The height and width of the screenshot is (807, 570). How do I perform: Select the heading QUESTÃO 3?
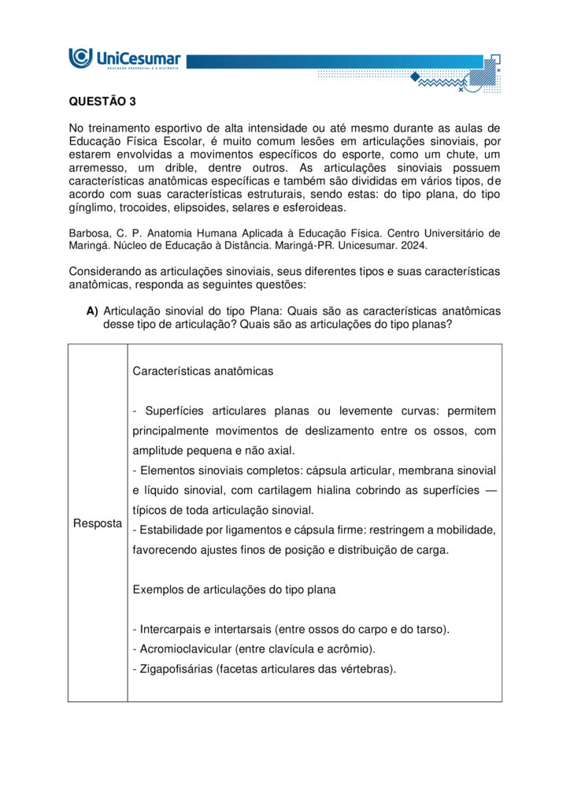(97, 102)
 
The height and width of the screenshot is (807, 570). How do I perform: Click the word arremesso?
(96, 169)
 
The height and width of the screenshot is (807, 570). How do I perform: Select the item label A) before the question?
(92, 311)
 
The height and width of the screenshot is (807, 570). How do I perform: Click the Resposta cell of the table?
(98, 523)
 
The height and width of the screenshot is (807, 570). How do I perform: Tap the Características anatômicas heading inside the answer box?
(203, 371)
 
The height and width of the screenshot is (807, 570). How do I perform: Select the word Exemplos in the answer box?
(158, 589)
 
